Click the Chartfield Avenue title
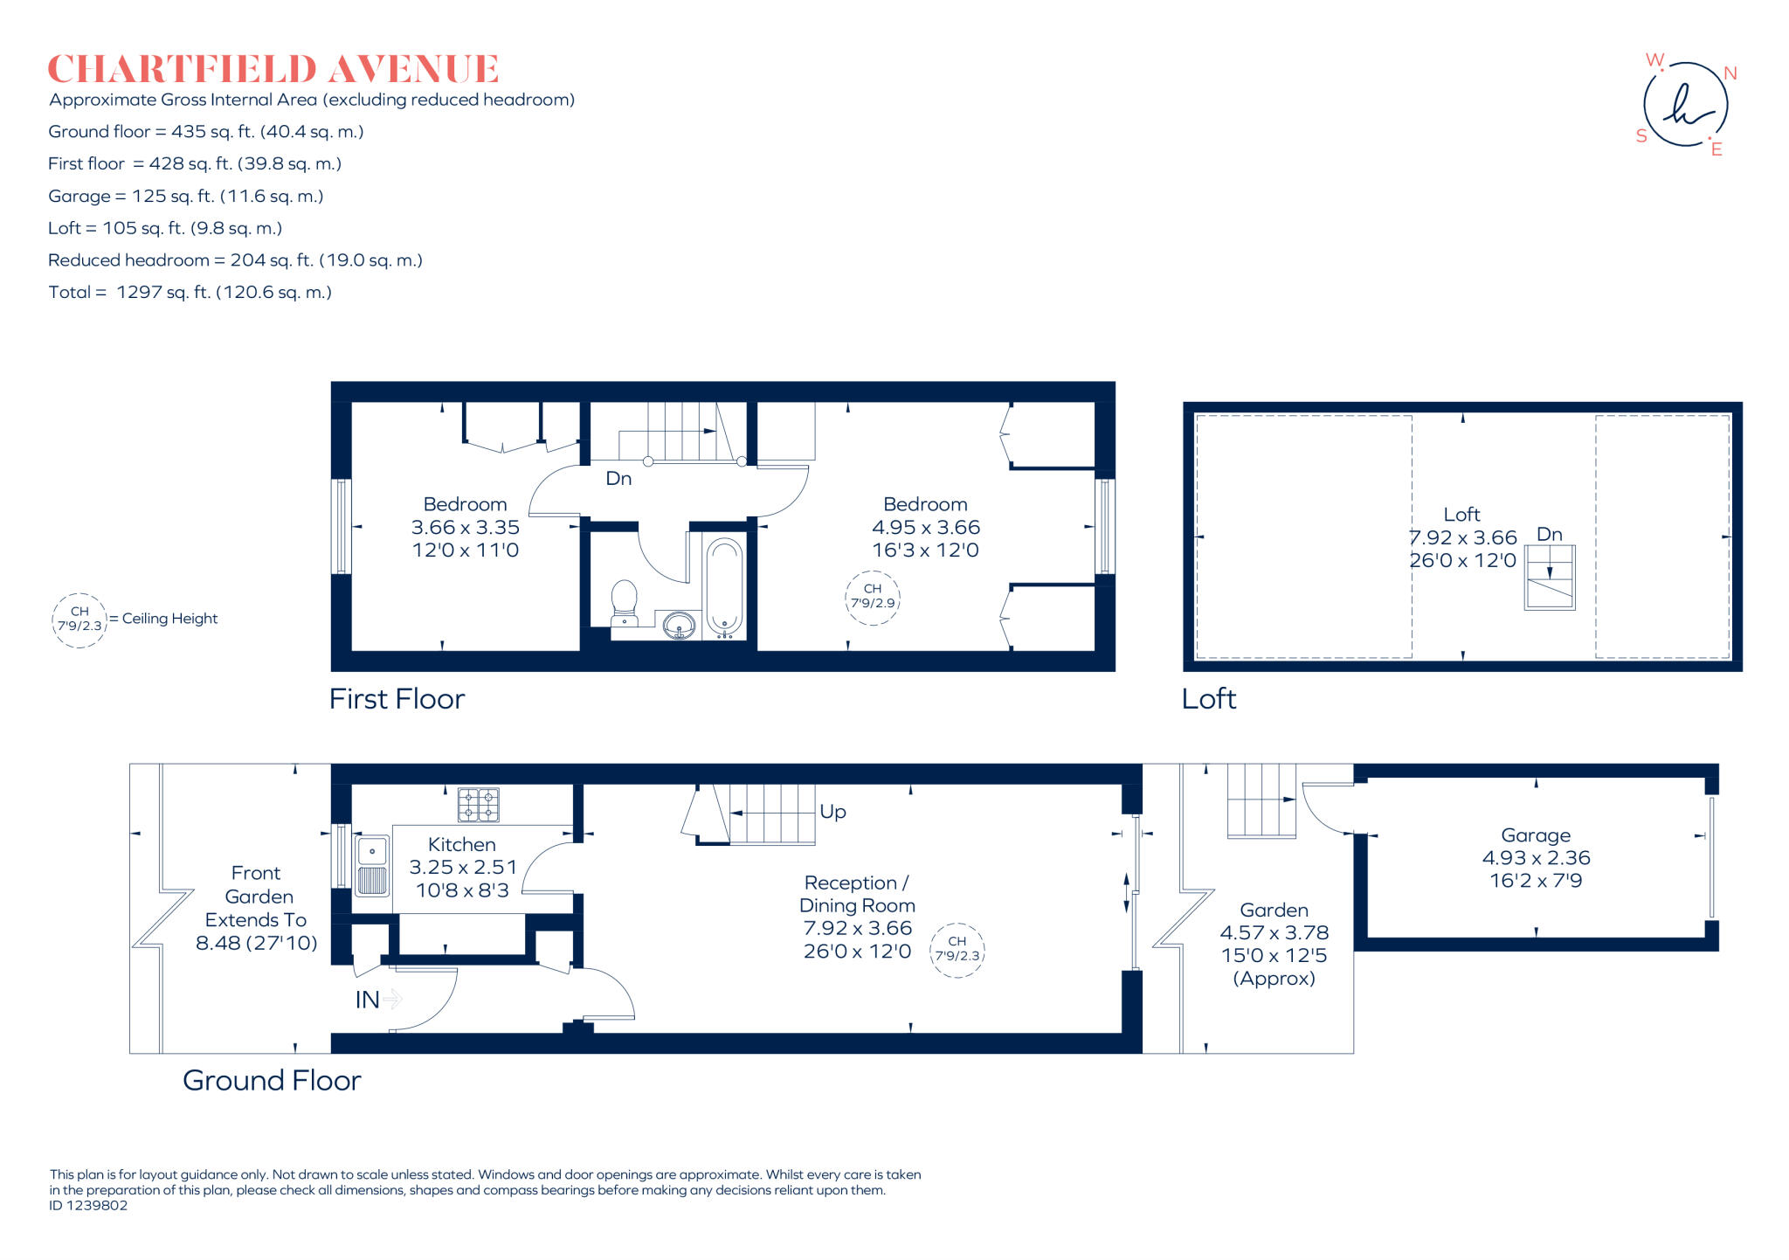[x=273, y=69]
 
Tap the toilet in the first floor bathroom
[x=624, y=601]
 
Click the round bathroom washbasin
[x=679, y=626]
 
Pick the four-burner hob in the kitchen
[x=479, y=805]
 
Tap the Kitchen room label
[x=462, y=845]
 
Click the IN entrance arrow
[x=392, y=998]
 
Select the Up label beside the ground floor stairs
[x=832, y=812]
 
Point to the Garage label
[x=1536, y=835]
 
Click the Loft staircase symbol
[x=1550, y=578]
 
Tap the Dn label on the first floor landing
[x=618, y=479]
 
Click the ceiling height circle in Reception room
[x=957, y=950]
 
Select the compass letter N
[x=1730, y=73]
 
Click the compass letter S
[x=1641, y=136]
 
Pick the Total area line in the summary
[x=190, y=293]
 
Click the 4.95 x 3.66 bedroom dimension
[x=926, y=528]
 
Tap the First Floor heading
[x=397, y=699]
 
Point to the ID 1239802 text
[x=88, y=1206]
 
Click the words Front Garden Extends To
[x=257, y=897]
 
